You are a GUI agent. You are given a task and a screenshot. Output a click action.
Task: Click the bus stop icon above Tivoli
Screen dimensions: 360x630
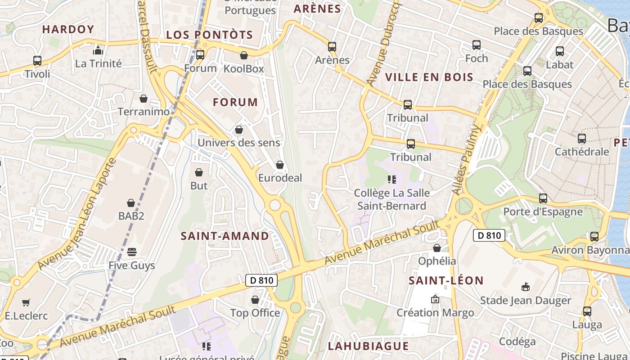click(37, 61)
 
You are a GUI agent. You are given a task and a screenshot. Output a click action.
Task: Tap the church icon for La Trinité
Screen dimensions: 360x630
click(98, 50)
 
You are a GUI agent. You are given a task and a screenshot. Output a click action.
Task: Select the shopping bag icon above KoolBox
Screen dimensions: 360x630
click(243, 55)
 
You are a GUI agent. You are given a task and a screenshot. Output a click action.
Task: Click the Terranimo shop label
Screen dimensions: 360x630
click(144, 111)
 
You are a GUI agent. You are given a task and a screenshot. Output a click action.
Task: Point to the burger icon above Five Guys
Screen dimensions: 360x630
click(131, 252)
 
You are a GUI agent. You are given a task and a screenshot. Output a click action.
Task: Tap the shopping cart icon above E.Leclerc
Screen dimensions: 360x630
click(26, 302)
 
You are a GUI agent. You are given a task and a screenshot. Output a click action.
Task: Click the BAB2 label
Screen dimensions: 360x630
click(131, 216)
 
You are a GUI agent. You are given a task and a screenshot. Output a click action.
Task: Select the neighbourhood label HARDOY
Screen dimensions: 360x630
click(68, 29)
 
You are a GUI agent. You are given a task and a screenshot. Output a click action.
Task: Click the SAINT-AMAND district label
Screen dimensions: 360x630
click(225, 236)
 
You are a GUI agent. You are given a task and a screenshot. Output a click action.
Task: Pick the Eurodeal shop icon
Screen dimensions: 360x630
click(280, 165)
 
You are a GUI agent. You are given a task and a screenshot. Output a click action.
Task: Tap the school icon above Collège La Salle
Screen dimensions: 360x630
click(391, 180)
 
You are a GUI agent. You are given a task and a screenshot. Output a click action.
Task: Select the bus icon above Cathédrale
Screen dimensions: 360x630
click(581, 139)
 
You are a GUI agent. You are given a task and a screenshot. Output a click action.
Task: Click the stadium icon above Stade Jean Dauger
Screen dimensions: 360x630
click(525, 287)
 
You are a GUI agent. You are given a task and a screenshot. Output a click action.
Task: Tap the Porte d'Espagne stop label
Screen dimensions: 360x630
click(543, 211)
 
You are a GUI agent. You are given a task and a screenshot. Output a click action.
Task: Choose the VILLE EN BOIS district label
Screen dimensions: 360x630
click(429, 77)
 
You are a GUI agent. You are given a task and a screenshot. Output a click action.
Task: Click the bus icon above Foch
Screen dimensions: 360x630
click(477, 45)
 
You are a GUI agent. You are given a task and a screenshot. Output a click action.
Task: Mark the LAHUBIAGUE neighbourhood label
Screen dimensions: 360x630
click(368, 346)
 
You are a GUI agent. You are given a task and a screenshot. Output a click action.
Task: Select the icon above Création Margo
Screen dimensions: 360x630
click(435, 299)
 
